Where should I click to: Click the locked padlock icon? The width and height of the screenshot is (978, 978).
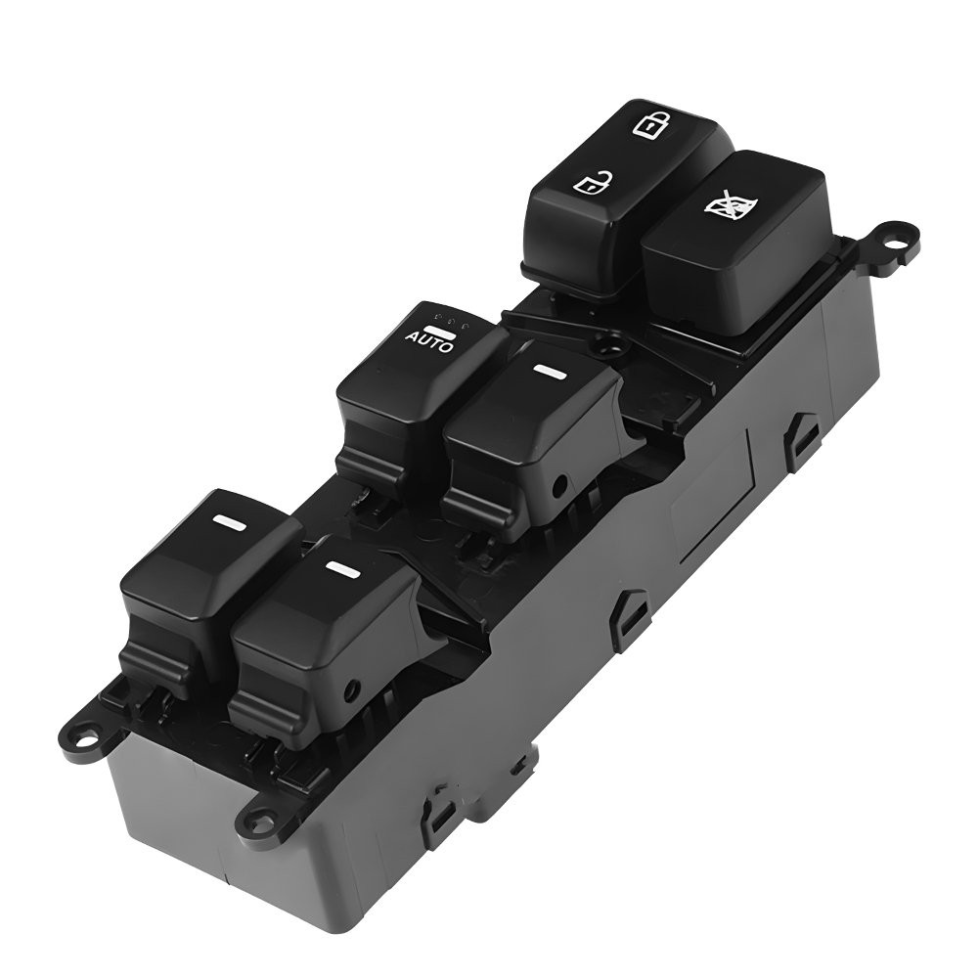click(645, 124)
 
